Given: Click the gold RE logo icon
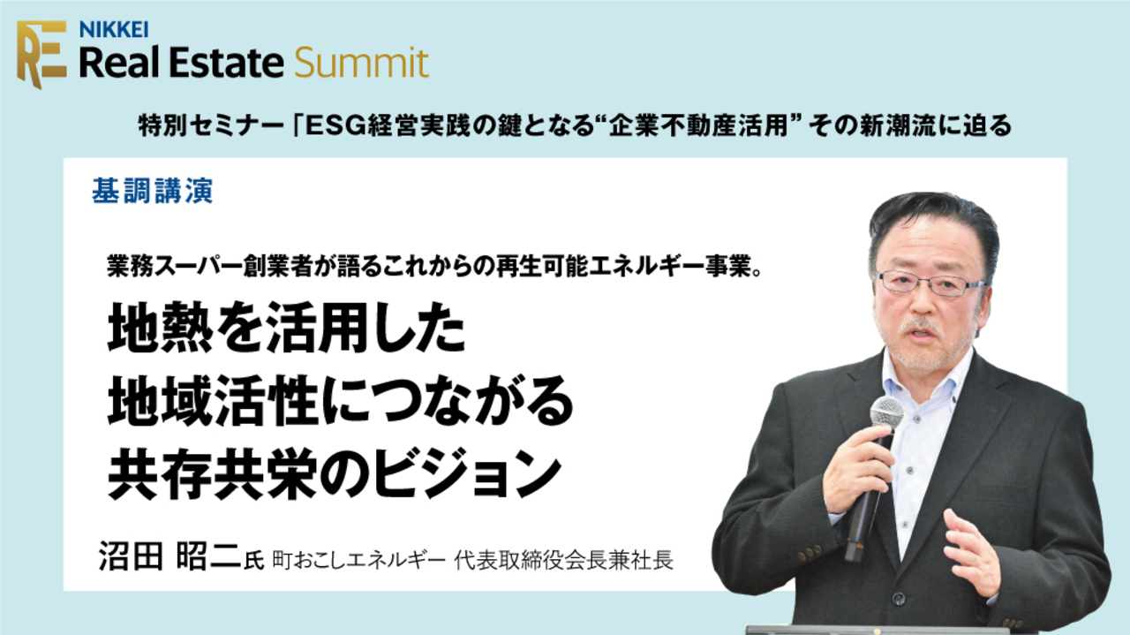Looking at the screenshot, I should tap(41, 53).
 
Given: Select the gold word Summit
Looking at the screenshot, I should tap(362, 63).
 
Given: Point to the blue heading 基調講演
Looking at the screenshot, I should tap(152, 192).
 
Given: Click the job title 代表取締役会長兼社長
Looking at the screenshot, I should tap(564, 561).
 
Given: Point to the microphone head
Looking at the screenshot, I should tap(886, 412).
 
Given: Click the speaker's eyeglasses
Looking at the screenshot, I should tap(929, 283).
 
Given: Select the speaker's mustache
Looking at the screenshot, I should tap(919, 328).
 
